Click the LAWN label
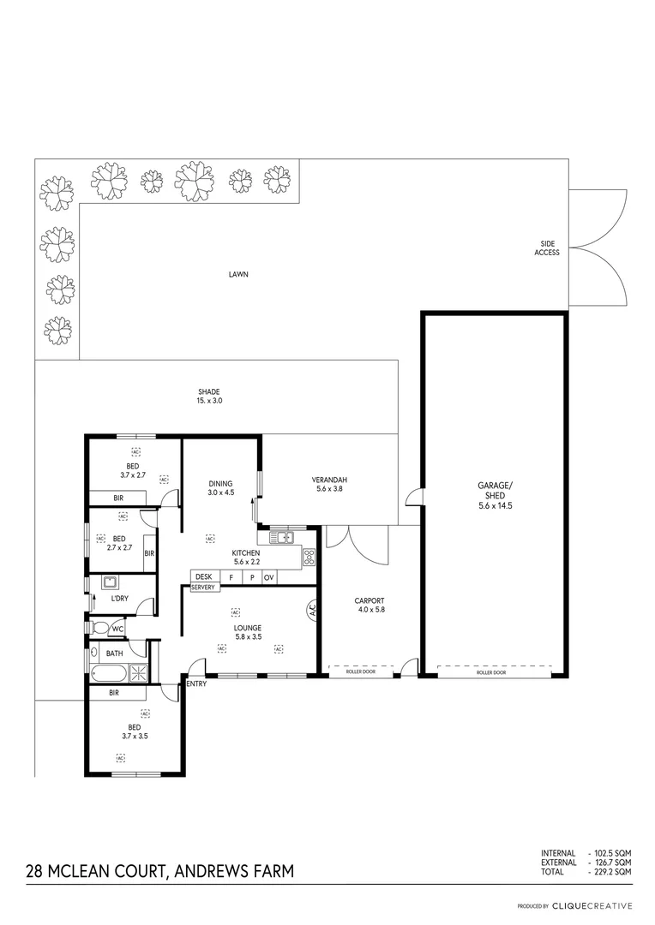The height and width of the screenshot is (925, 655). click(237, 275)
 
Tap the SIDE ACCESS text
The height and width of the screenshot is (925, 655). click(547, 248)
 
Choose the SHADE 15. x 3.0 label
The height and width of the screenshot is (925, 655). click(209, 397)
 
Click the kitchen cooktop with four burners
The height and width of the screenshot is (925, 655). click(309, 557)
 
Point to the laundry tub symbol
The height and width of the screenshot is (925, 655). click(110, 583)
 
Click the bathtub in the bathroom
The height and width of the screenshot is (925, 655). click(108, 672)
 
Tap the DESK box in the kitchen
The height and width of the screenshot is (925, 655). click(203, 577)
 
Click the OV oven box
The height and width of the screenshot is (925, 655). click(268, 577)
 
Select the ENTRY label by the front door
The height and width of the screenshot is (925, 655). click(195, 683)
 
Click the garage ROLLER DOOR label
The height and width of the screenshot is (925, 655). click(491, 673)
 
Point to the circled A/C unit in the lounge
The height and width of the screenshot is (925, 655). click(311, 611)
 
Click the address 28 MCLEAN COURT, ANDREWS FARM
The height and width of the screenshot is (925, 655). click(159, 872)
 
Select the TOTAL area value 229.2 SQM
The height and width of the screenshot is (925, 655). click(610, 871)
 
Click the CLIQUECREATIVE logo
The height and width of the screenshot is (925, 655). click(592, 905)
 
